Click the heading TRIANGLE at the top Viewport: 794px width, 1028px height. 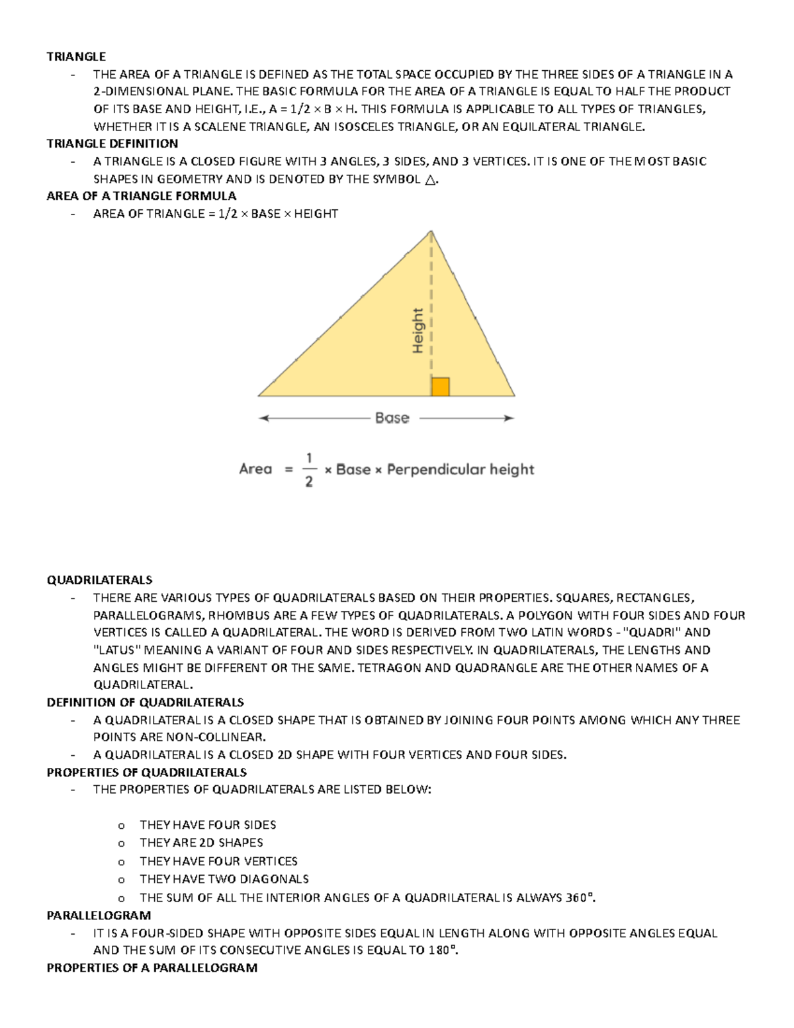click(x=76, y=57)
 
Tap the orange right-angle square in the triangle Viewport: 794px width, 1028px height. click(x=440, y=387)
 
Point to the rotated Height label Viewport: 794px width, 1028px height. click(x=418, y=330)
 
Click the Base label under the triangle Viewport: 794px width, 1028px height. click(x=392, y=418)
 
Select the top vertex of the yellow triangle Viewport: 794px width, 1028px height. click(x=431, y=231)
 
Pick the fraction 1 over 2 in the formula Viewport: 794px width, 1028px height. click(x=309, y=469)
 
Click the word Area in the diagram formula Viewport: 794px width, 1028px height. click(x=255, y=469)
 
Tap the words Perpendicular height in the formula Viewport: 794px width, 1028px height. click(x=460, y=469)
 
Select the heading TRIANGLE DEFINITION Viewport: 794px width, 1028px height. click(x=112, y=144)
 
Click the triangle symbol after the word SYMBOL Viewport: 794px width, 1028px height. click(x=430, y=180)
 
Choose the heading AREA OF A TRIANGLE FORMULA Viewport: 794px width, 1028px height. click(x=141, y=196)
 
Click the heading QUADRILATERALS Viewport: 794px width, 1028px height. click(x=99, y=580)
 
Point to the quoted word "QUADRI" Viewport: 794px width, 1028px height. click(x=652, y=632)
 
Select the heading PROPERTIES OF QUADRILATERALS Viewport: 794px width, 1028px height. click(x=146, y=772)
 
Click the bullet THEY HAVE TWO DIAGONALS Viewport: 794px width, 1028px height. click(x=224, y=879)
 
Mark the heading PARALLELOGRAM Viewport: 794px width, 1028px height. click(x=99, y=915)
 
